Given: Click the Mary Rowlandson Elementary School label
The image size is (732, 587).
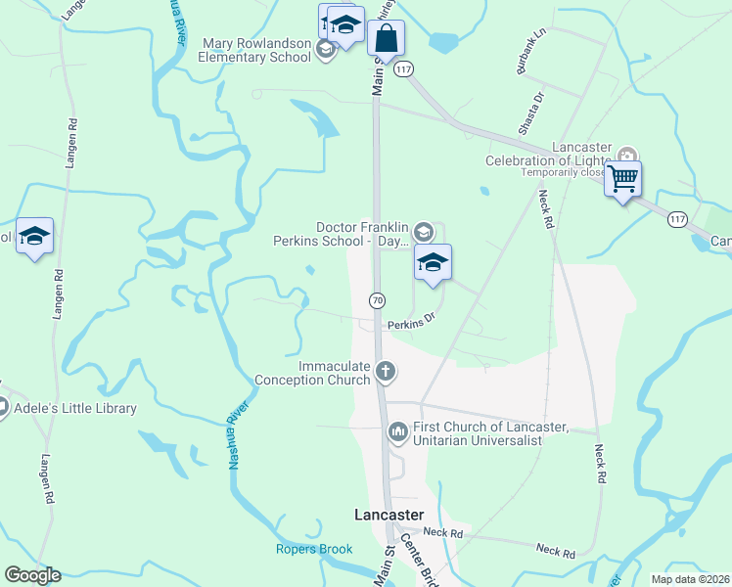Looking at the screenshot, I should coord(256,50).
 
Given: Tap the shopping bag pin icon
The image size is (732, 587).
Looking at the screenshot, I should coord(387,39).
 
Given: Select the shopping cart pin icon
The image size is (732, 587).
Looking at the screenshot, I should coord(622,180).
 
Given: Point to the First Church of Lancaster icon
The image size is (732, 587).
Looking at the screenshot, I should coord(398,431).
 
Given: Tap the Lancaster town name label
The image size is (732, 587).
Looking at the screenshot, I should coord(389,515).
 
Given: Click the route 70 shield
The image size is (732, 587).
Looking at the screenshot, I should coord(377,298).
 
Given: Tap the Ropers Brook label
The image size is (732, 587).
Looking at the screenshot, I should coord(313,550).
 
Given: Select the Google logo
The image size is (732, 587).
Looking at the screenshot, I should coord(32,575).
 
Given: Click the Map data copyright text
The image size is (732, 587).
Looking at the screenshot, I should coord(691,578).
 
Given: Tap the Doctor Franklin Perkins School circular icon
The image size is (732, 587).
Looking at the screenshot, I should coord(423,232).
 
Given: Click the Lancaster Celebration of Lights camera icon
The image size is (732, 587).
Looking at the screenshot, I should coord(627,156).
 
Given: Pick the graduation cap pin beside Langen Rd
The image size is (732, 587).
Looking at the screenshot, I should coord(34,237).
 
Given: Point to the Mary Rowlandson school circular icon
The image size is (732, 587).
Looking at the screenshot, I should coord(326,50).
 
